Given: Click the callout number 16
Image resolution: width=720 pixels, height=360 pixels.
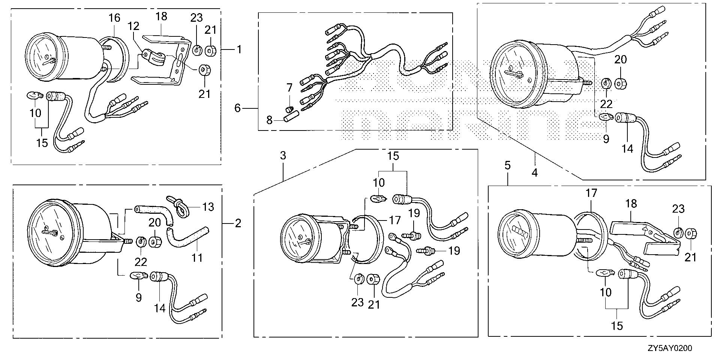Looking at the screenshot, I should (114, 18).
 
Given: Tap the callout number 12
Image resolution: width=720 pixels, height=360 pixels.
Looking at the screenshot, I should (133, 26).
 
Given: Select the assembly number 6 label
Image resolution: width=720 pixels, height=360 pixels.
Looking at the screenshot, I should (237, 108).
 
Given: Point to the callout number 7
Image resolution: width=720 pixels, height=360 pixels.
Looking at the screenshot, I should (289, 88).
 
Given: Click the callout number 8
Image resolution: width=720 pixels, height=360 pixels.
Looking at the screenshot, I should (269, 121).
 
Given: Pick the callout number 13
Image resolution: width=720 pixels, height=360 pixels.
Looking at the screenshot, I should (208, 207).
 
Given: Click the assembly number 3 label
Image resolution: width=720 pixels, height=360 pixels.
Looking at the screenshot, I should (283, 155).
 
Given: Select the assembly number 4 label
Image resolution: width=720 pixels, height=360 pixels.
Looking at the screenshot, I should (535, 172).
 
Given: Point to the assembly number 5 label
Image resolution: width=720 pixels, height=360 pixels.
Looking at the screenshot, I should (507, 166).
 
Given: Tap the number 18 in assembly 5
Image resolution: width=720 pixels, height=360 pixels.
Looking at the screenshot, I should (631, 204).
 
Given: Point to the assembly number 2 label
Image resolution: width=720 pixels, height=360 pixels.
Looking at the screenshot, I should (238, 224).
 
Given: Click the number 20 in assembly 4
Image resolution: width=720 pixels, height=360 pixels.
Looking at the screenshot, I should (621, 60).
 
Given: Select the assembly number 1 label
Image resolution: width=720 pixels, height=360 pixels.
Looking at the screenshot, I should (239, 49).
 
